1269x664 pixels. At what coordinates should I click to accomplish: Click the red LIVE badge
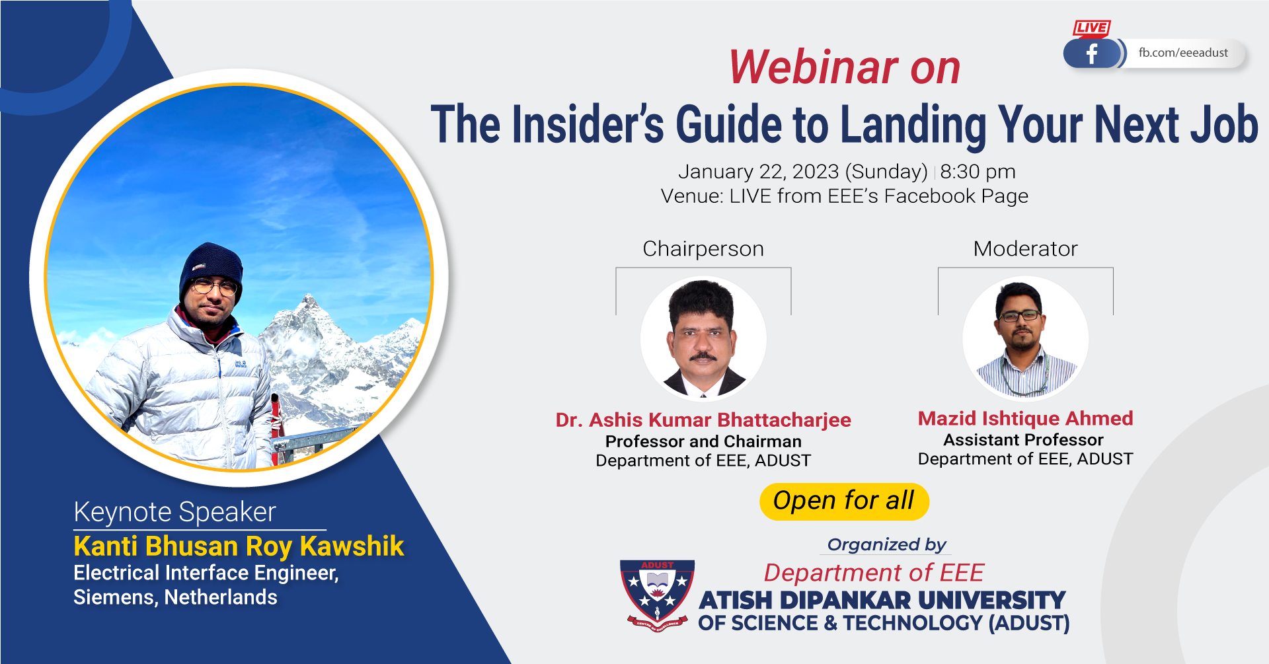coord(1091,28)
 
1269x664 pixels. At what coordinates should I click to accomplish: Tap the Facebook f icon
coord(1092,54)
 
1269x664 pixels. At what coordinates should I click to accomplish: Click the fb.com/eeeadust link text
coord(1183,53)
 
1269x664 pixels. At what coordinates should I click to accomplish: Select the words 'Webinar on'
coord(844,67)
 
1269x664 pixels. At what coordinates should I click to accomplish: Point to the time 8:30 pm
coord(978,172)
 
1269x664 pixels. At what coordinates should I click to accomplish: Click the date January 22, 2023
coord(759,172)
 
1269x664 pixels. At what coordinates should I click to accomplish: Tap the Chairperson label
coord(703,249)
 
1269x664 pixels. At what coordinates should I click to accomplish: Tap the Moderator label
coord(1025,248)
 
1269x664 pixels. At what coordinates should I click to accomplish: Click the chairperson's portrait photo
coord(703,338)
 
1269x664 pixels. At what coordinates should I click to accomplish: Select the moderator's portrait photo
coord(1025,338)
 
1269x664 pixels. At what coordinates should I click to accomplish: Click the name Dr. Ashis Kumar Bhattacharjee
coord(703,420)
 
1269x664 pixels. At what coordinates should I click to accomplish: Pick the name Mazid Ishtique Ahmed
coord(1025,418)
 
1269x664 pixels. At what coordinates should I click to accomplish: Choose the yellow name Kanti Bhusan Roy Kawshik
coord(239,546)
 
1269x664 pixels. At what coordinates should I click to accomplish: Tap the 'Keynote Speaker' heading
coord(174,512)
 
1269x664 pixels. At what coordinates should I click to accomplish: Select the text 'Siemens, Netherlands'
coord(175,597)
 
